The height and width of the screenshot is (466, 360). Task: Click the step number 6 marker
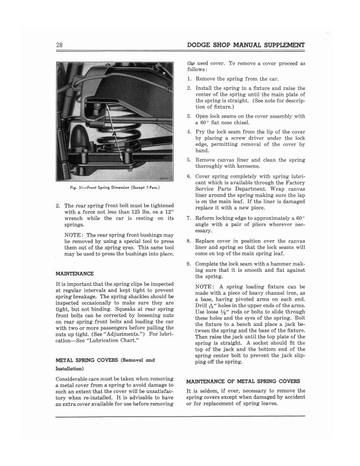(189, 177)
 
